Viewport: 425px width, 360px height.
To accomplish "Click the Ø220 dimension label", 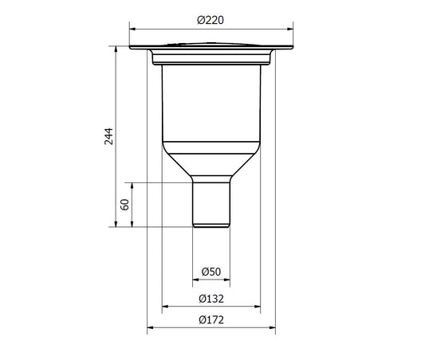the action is click(211, 20).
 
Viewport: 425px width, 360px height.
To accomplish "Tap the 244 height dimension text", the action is click(108, 136).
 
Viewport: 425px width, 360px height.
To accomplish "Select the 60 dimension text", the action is click(124, 205).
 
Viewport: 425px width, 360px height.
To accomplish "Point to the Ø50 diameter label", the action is click(211, 272).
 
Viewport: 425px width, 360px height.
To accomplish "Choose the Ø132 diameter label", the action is click(211, 299).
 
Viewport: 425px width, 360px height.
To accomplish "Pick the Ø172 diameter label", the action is click(211, 320).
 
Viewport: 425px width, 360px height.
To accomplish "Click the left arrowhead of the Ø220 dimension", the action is click(132, 29).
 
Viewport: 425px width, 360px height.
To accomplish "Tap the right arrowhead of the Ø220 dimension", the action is click(290, 29).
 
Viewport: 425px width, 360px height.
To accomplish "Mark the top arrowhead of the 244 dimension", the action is click(116, 49).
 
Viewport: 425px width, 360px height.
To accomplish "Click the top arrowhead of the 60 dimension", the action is click(132, 186).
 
